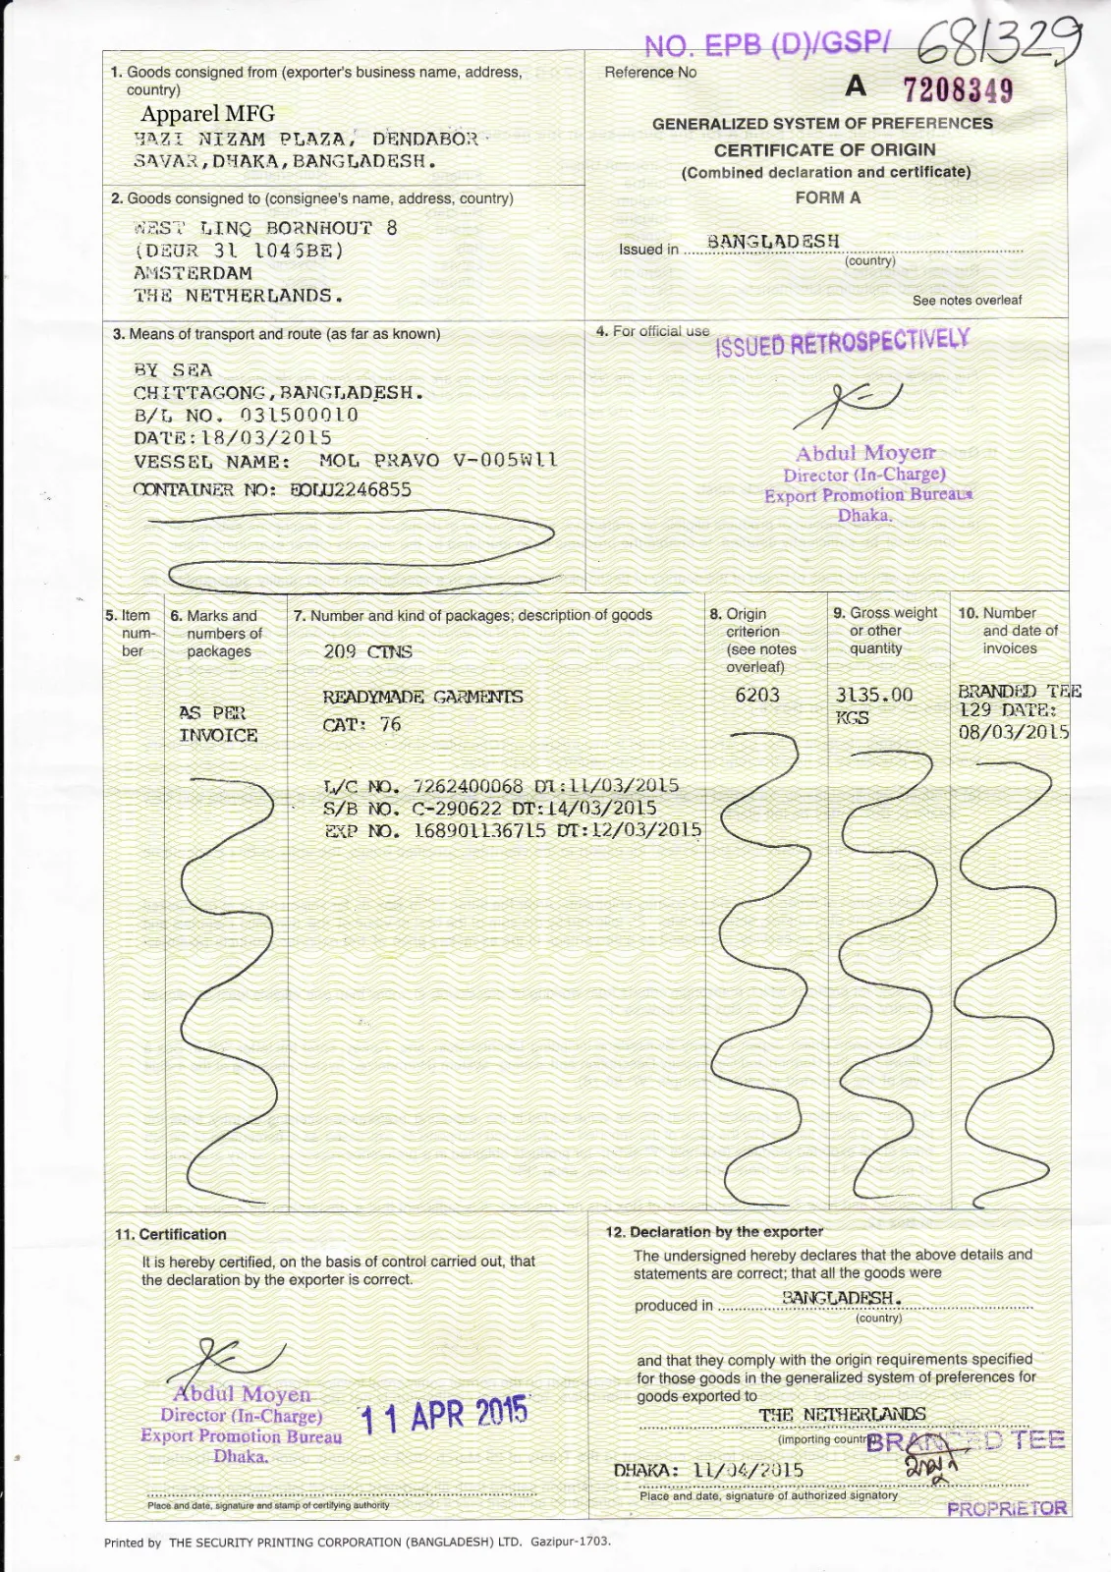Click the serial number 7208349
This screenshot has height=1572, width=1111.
pos(957,90)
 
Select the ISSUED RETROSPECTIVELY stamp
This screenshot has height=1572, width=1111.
pos(843,343)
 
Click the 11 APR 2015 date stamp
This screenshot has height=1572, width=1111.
pos(444,1415)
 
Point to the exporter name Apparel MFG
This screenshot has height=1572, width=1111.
pos(207,114)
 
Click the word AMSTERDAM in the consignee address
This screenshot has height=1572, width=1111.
pos(193,273)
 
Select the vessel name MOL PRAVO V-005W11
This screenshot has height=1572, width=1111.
pos(438,460)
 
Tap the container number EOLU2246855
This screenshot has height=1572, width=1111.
pos(351,489)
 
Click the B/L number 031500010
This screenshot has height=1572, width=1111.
pos(299,415)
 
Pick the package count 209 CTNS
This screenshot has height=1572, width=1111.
pos(367,651)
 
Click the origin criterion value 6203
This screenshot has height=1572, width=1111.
pos(757,695)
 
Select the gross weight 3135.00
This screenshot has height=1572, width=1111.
pos(873,695)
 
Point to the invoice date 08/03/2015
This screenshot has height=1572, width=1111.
pos(1013,732)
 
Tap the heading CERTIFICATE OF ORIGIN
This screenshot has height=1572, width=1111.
pos(824,150)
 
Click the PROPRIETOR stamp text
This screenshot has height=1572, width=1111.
pos(1007,1508)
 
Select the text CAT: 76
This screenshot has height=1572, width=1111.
pos(361,725)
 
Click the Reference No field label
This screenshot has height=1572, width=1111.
pos(650,72)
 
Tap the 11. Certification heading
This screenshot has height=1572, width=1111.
pos(171,1234)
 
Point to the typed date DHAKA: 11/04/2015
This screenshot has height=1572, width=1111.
pos(708,1470)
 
